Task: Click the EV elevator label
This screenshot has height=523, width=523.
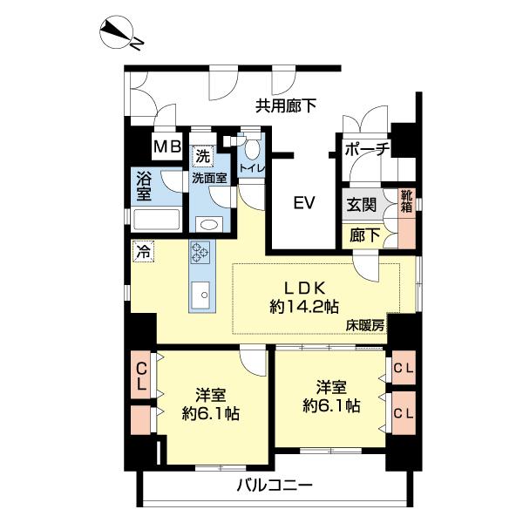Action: coord(302,204)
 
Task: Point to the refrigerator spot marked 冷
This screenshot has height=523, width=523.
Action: coord(141,251)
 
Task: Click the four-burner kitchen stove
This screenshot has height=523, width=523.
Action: coord(200,252)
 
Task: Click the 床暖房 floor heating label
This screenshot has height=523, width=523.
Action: coord(365,325)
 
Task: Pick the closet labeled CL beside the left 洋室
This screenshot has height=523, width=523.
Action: coord(140,376)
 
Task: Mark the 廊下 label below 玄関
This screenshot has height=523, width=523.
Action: coord(359,234)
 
